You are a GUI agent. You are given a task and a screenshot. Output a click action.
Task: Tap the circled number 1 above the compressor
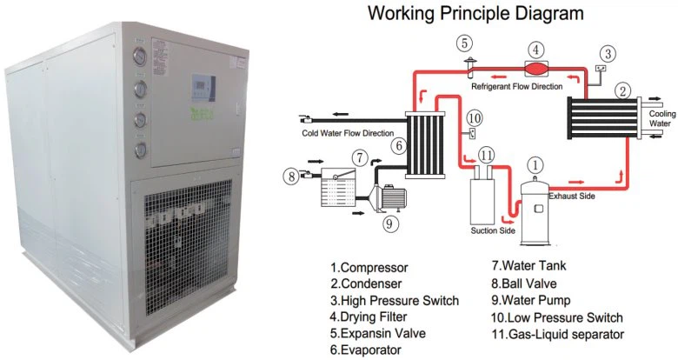pyautogui.click(x=535, y=163)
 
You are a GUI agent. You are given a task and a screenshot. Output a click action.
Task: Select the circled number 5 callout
pyautogui.click(x=466, y=42)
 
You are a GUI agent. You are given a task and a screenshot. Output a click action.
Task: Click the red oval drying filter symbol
pyautogui.click(x=537, y=69)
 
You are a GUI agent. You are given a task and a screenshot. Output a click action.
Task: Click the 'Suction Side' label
pyautogui.click(x=493, y=230)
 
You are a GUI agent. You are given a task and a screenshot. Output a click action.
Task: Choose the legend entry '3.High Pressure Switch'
pyautogui.click(x=394, y=300)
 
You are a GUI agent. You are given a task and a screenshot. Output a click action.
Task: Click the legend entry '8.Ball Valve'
pyautogui.click(x=525, y=283)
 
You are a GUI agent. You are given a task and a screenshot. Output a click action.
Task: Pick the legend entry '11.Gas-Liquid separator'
pyautogui.click(x=557, y=333)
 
